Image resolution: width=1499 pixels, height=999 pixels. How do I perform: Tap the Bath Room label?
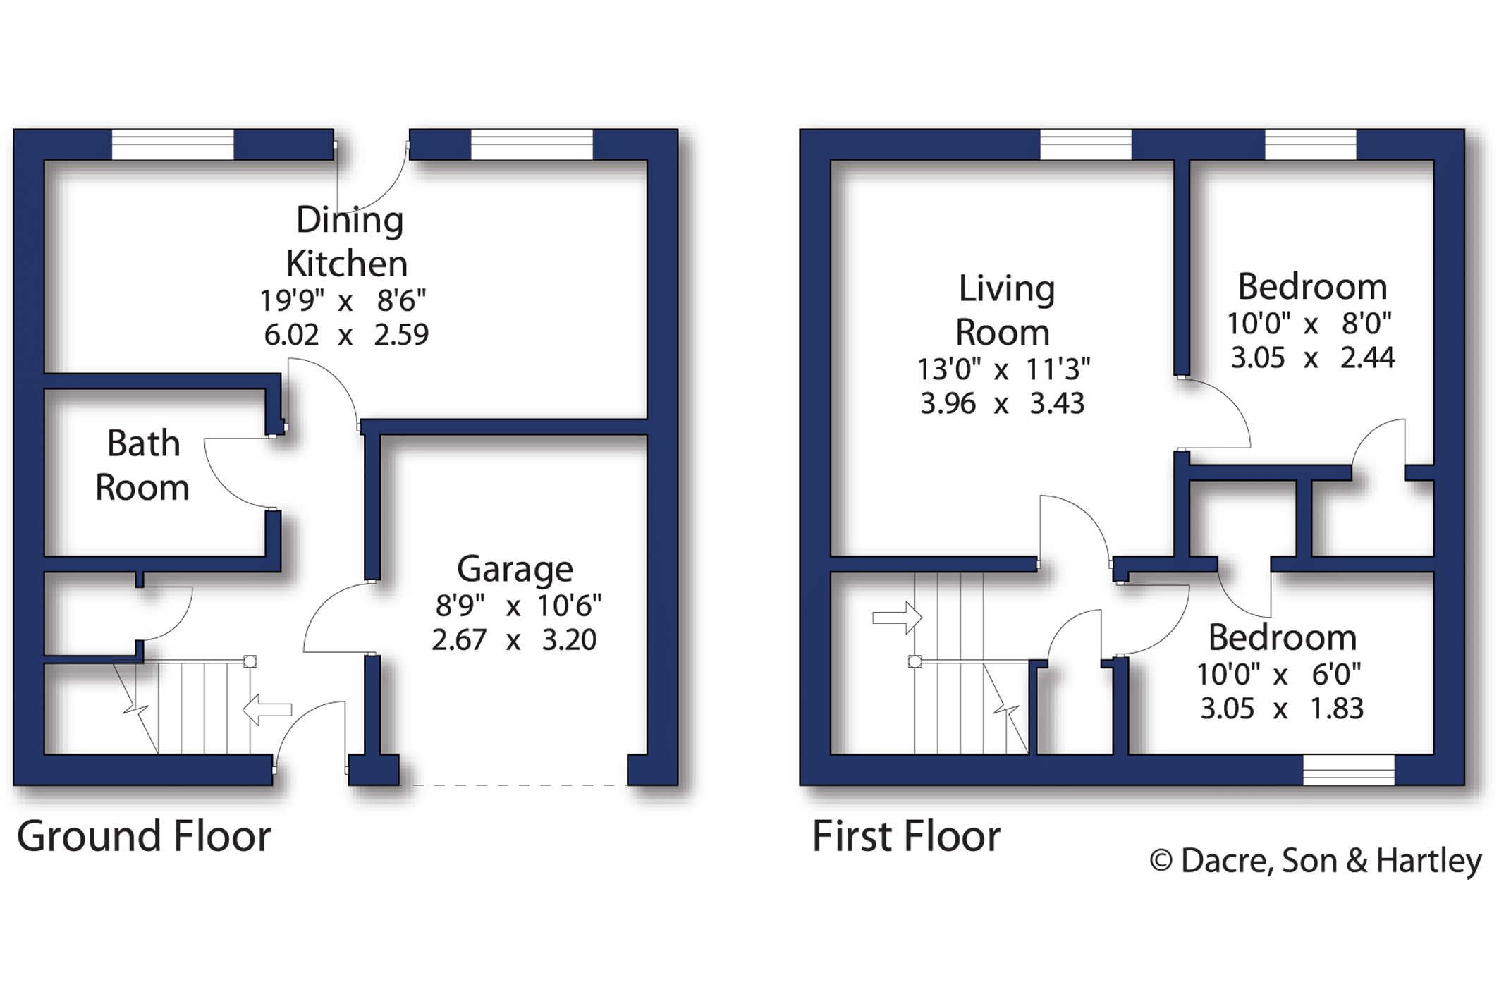coord(142,465)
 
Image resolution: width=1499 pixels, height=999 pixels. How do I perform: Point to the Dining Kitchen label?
coord(348,242)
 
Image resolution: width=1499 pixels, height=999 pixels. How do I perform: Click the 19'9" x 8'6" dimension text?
coord(343,301)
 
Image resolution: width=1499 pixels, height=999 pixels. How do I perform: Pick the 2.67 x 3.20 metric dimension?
coord(514,639)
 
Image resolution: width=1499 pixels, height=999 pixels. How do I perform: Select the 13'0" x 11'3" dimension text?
coord(1003,369)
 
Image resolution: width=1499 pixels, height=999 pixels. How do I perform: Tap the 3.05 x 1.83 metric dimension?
coord(1282,708)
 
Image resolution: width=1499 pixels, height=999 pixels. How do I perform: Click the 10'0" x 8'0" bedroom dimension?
coord(1309,324)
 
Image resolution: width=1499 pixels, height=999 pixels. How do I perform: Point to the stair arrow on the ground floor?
coord(267,709)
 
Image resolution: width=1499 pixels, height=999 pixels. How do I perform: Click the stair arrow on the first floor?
coord(898,618)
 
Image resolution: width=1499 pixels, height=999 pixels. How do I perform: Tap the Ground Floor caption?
coord(144,836)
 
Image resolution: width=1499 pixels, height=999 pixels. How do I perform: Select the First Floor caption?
coord(906,836)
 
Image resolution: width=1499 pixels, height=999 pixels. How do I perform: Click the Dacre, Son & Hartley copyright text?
coord(1316,861)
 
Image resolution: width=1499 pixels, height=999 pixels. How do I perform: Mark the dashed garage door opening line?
coord(513,785)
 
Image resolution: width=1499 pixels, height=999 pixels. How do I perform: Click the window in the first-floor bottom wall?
coord(1348,770)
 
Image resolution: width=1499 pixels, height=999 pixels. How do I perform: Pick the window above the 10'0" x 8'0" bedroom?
coord(1311,145)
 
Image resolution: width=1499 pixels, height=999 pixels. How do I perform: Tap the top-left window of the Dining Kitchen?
coord(173,145)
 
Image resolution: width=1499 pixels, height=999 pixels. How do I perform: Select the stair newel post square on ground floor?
coord(250,661)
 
